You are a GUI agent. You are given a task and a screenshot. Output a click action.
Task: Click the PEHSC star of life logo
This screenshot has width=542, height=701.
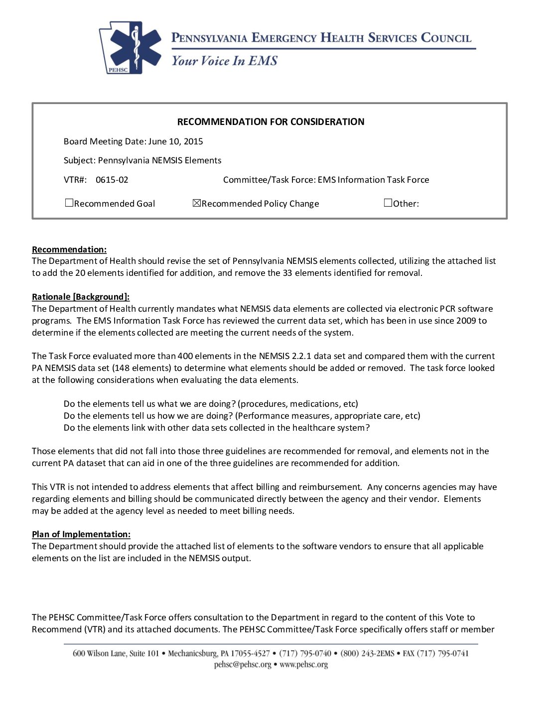pyautogui.click(x=131, y=48)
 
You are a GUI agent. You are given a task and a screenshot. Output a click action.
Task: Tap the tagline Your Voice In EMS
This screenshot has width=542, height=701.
pyautogui.click(x=224, y=61)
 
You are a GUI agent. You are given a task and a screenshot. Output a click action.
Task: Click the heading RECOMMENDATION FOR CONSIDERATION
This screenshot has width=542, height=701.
pyautogui.click(x=271, y=121)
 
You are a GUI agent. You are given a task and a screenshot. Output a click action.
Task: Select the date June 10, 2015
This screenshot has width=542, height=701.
pyautogui.click(x=175, y=141)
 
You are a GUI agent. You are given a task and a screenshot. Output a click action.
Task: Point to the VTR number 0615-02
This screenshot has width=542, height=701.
pyautogui.click(x=112, y=180)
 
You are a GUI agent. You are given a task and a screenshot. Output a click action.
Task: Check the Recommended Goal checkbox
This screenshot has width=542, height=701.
pyautogui.click(x=69, y=203)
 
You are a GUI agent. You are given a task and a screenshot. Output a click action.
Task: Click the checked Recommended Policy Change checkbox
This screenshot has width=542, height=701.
pyautogui.click(x=196, y=203)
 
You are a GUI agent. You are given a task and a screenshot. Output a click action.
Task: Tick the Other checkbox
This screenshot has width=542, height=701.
pyautogui.click(x=388, y=203)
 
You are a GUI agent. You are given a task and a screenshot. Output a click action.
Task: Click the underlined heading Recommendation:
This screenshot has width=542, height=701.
pyautogui.click(x=69, y=249)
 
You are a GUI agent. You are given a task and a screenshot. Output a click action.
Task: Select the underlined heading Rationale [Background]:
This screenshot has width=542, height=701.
pyautogui.click(x=81, y=297)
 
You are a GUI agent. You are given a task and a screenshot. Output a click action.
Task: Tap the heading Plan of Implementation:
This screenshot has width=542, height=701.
pyautogui.click(x=81, y=534)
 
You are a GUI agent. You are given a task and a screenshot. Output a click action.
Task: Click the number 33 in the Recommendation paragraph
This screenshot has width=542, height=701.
pyautogui.click(x=287, y=273)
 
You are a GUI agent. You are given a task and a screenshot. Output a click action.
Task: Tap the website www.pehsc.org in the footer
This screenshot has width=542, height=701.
pyautogui.click(x=304, y=665)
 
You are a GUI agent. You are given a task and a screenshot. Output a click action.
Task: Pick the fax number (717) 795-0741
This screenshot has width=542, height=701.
pyautogui.click(x=443, y=653)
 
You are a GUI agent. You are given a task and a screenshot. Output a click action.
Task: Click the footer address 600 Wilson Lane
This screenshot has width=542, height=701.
pyautogui.click(x=100, y=653)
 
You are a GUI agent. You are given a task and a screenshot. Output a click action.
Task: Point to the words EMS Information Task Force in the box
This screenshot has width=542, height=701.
pyautogui.click(x=373, y=180)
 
